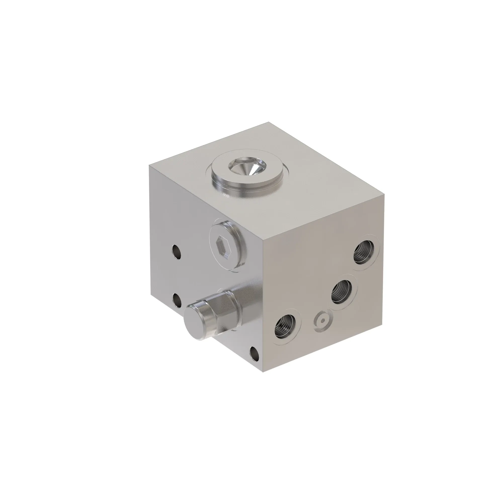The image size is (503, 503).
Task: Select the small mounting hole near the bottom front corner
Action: [x=254, y=353]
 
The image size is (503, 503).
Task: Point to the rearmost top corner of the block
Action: [x=268, y=122]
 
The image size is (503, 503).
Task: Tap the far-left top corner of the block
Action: [x=149, y=165]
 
